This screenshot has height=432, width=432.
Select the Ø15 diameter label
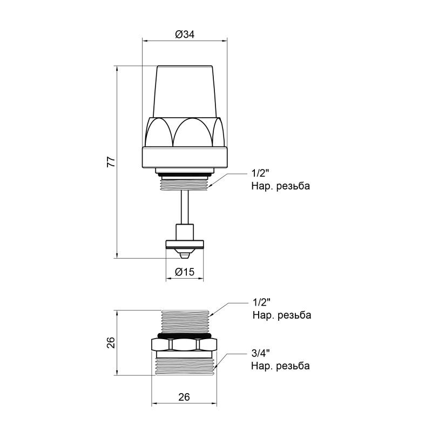185,273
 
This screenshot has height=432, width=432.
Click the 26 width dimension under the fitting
184,397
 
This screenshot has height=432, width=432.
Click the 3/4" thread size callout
260,354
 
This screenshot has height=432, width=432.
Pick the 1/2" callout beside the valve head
260,174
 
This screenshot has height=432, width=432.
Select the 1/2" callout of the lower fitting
260,302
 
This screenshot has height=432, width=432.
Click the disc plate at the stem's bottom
185,242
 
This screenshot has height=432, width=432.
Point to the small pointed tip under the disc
185,253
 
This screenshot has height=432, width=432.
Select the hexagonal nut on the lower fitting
184,344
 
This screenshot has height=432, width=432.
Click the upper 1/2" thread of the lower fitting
184,319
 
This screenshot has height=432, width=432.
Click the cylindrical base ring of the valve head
185,157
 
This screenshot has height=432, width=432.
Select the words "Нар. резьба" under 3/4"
280,366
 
